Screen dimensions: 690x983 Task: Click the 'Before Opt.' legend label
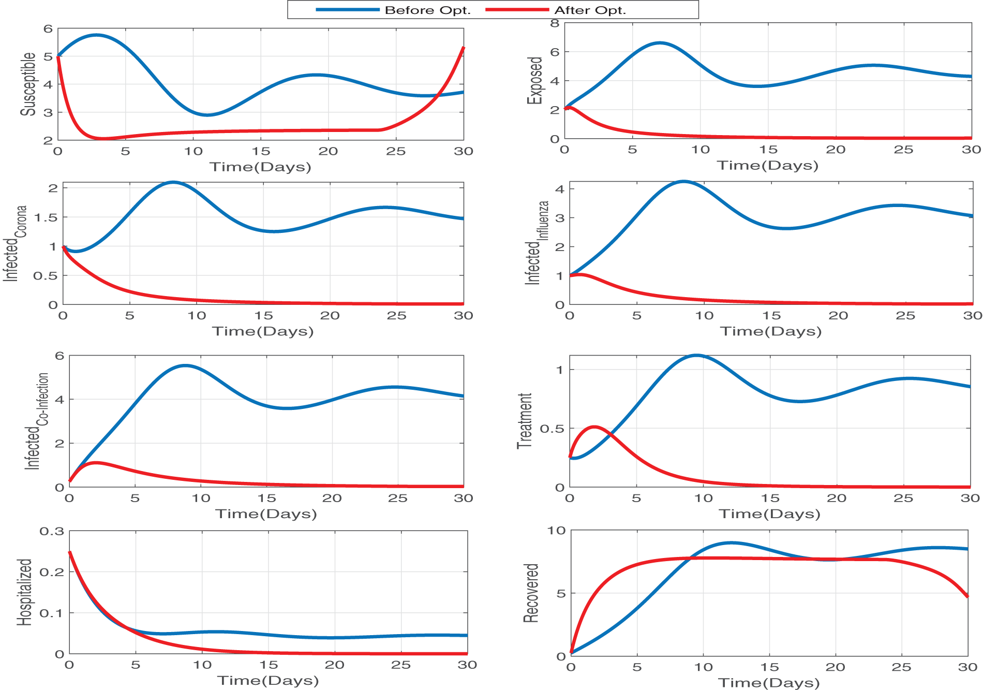click(x=427, y=10)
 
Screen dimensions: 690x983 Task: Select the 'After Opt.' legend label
click(x=590, y=10)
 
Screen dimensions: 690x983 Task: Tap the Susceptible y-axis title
click(x=29, y=84)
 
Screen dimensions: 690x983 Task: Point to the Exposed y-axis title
click(x=535, y=81)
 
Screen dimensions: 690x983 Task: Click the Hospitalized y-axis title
click(x=25, y=592)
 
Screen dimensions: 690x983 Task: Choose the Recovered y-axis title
click(x=531, y=593)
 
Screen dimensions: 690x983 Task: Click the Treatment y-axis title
click(x=525, y=421)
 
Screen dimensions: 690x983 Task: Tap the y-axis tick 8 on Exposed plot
click(x=555, y=23)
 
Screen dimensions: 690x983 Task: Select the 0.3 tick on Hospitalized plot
click(x=52, y=532)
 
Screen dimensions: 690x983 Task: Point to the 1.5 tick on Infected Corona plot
click(x=46, y=217)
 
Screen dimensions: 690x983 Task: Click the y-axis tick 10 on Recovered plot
click(x=557, y=531)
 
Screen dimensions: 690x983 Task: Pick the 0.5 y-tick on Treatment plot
click(x=552, y=429)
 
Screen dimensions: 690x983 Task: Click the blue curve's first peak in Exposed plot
click(x=660, y=43)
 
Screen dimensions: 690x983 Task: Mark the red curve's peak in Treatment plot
click(x=594, y=427)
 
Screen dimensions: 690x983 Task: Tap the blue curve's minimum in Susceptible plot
click(x=207, y=114)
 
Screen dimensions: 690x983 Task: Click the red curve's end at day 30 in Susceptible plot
click(x=463, y=48)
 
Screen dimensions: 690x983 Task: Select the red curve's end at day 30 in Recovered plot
click(x=967, y=596)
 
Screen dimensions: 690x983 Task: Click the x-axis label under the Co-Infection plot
click(x=266, y=514)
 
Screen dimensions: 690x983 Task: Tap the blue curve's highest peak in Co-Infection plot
click(x=185, y=365)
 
